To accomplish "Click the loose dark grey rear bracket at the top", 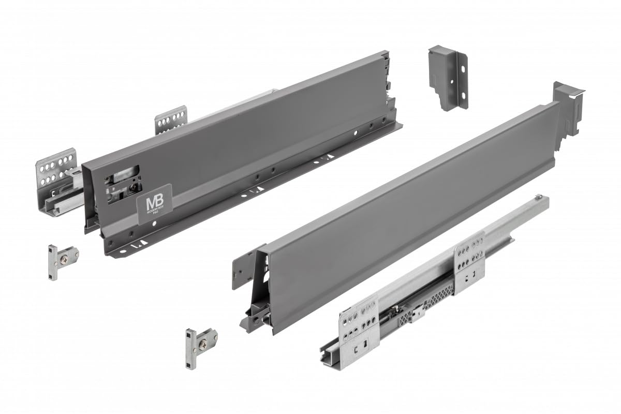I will (x=448, y=78).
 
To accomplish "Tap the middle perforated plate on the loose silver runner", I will (x=469, y=261).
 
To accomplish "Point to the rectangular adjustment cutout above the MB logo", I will (x=122, y=176).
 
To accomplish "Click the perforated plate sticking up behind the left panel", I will (x=170, y=120).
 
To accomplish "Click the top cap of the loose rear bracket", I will (x=440, y=52).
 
